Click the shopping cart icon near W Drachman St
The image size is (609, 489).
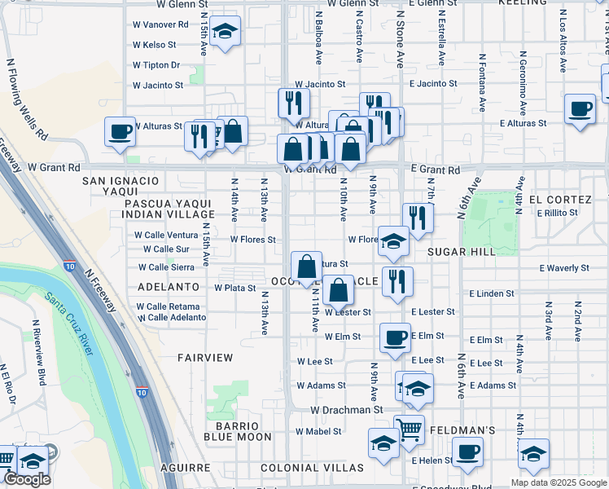click(409, 428)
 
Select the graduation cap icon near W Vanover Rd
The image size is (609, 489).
click(225, 32)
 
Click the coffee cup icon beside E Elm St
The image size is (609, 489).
click(396, 337)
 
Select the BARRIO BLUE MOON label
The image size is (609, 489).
click(237, 431)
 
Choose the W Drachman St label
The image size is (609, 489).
click(346, 410)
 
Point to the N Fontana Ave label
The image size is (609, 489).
click(482, 82)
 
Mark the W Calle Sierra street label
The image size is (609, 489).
click(166, 267)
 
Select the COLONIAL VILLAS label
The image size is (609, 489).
click(312, 468)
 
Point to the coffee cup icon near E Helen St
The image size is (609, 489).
click(467, 452)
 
